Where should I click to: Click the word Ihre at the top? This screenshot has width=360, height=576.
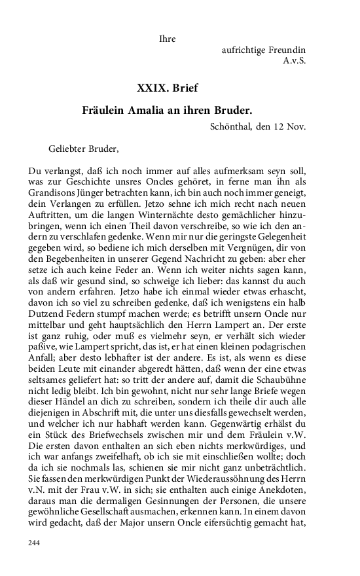pyautogui.click(x=168, y=39)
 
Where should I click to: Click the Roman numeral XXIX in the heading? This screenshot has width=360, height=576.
pyautogui.click(x=151, y=88)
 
